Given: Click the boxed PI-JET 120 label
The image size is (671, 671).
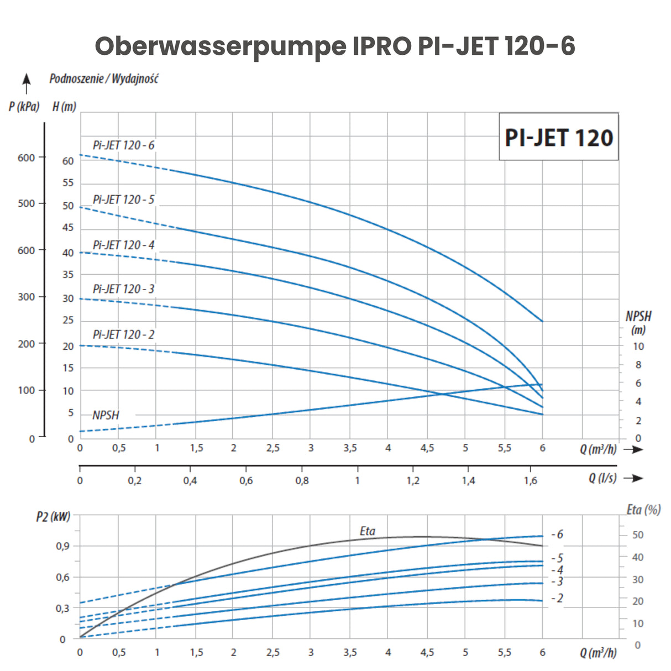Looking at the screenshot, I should pyautogui.click(x=558, y=137).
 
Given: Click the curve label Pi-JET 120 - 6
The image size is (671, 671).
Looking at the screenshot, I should pyautogui.click(x=123, y=145).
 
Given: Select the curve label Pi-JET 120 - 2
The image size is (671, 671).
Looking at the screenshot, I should pyautogui.click(x=123, y=334).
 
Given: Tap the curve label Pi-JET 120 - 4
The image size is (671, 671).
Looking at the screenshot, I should pyautogui.click(x=123, y=245).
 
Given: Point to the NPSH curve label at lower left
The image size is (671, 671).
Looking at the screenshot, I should pyautogui.click(x=106, y=415).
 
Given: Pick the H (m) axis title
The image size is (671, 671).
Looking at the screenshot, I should pyautogui.click(x=64, y=106).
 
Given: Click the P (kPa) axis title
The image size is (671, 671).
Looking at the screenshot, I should pyautogui.click(x=24, y=106).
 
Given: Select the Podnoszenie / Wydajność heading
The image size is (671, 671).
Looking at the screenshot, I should pyautogui.click(x=104, y=78).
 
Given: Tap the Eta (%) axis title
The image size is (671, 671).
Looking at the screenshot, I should pyautogui.click(x=643, y=510).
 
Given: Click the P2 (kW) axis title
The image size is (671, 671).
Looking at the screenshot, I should pyautogui.click(x=53, y=517).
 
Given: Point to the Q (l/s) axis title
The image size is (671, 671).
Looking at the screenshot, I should pyautogui.click(x=602, y=478).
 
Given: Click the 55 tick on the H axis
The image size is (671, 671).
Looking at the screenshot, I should pyautogui.click(x=68, y=183).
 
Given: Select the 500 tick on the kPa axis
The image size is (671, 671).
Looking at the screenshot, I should pyautogui.click(x=26, y=203).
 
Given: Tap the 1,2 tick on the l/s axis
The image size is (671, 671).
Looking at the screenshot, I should pyautogui.click(x=413, y=481).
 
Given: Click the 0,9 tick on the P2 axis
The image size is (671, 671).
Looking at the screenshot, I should pyautogui.click(x=62, y=546).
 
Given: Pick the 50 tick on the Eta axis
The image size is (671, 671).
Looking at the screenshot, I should pyautogui.click(x=638, y=535).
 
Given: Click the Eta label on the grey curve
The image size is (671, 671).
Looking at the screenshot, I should pyautogui.click(x=368, y=531).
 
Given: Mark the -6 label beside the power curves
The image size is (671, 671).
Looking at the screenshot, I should pyautogui.click(x=557, y=534).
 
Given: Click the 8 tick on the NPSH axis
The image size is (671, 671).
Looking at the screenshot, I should pyautogui.click(x=638, y=365).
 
